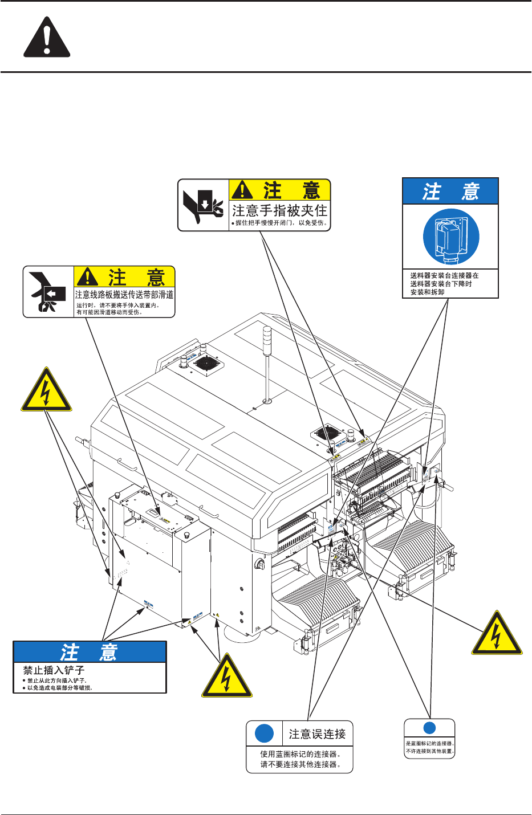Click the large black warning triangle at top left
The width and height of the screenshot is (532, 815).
click(x=47, y=37)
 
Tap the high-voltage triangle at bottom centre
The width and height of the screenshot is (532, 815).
click(x=227, y=678)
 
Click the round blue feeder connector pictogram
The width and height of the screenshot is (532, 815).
click(x=451, y=237)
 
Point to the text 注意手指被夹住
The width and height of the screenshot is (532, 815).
click(x=279, y=211)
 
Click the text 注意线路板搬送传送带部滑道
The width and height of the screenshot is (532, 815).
click(x=124, y=295)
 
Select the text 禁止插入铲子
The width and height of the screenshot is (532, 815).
click(x=54, y=670)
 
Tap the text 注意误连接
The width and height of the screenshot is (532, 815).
click(x=317, y=734)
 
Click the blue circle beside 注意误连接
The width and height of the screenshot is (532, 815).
click(x=264, y=733)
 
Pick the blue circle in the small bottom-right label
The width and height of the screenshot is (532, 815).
click(x=429, y=728)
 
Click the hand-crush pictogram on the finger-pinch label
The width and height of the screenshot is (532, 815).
click(x=203, y=205)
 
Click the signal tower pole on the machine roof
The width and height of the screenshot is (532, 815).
click(x=266, y=365)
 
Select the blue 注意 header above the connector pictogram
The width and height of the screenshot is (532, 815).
click(x=450, y=191)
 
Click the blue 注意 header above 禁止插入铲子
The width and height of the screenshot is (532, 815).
click(x=90, y=652)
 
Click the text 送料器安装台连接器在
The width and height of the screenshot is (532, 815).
click(x=444, y=275)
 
